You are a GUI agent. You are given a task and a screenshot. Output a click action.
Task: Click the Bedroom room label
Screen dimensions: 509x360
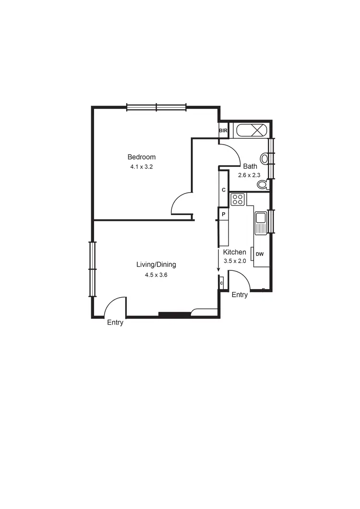tap(141, 157)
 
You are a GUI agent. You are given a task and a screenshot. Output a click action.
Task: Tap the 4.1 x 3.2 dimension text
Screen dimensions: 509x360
tap(141, 167)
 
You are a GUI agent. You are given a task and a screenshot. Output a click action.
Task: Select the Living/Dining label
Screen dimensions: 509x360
tap(156, 265)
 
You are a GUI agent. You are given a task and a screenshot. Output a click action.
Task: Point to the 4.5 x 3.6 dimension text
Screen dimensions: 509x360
tap(156, 275)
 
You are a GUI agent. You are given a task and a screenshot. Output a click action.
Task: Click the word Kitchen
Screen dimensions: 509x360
tap(235, 252)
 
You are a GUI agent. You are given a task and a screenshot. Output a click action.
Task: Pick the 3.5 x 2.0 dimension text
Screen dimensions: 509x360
tap(235, 261)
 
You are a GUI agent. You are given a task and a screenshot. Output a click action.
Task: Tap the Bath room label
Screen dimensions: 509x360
tap(250, 167)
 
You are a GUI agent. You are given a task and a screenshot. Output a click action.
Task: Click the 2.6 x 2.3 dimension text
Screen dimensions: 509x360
tap(250, 175)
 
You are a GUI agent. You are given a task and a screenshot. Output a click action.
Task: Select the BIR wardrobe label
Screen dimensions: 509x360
tap(223, 131)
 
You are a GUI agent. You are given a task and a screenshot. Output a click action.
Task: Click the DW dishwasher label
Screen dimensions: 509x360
tap(260, 254)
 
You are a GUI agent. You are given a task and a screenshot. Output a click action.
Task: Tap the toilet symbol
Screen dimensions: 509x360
tap(263, 185)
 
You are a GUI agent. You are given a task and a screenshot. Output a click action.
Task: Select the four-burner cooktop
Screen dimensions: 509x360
tap(238, 199)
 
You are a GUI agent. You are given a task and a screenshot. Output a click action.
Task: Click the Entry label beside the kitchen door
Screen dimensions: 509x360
tap(240, 295)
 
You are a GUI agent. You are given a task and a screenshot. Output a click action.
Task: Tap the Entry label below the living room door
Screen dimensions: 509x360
tap(115, 323)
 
